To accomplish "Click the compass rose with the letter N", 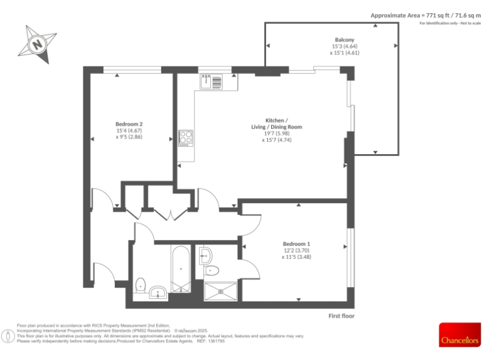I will point(38,44).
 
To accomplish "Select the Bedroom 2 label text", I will point(129,123).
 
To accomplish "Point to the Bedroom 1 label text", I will point(296,244).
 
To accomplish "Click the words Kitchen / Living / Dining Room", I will point(276,123).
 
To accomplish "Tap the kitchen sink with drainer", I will point(211,81).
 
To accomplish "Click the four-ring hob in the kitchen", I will point(186,137).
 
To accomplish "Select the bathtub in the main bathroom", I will point(180,269).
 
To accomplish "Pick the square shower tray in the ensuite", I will point(221,291).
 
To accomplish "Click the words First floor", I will point(341,316).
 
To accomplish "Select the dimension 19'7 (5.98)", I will point(276,133).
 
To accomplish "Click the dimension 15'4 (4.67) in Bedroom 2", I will point(129,130).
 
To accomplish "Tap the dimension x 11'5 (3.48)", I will point(296,257).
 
